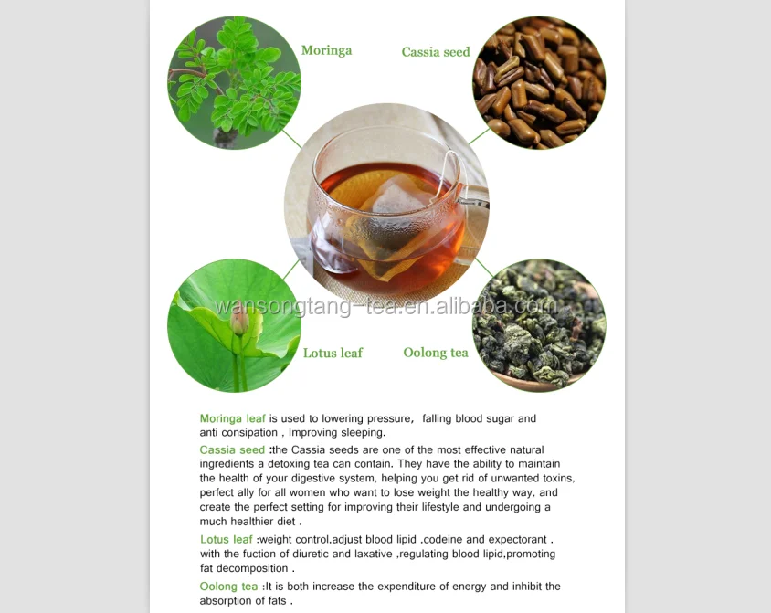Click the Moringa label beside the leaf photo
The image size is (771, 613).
[326, 50]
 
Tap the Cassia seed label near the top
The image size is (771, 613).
[436, 52]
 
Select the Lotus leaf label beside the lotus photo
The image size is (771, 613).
[333, 353]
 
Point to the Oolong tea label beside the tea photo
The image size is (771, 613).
[436, 353]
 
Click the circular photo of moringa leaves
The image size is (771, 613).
[234, 82]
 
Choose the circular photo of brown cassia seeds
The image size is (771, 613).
[539, 82]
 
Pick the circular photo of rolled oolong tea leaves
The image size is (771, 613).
[539, 325]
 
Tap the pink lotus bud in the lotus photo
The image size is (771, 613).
[239, 322]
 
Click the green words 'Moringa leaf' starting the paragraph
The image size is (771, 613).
[232, 418]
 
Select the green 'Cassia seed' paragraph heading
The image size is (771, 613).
[232, 449]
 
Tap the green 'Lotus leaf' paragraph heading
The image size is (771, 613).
[227, 539]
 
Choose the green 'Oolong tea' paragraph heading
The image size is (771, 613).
[228, 587]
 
